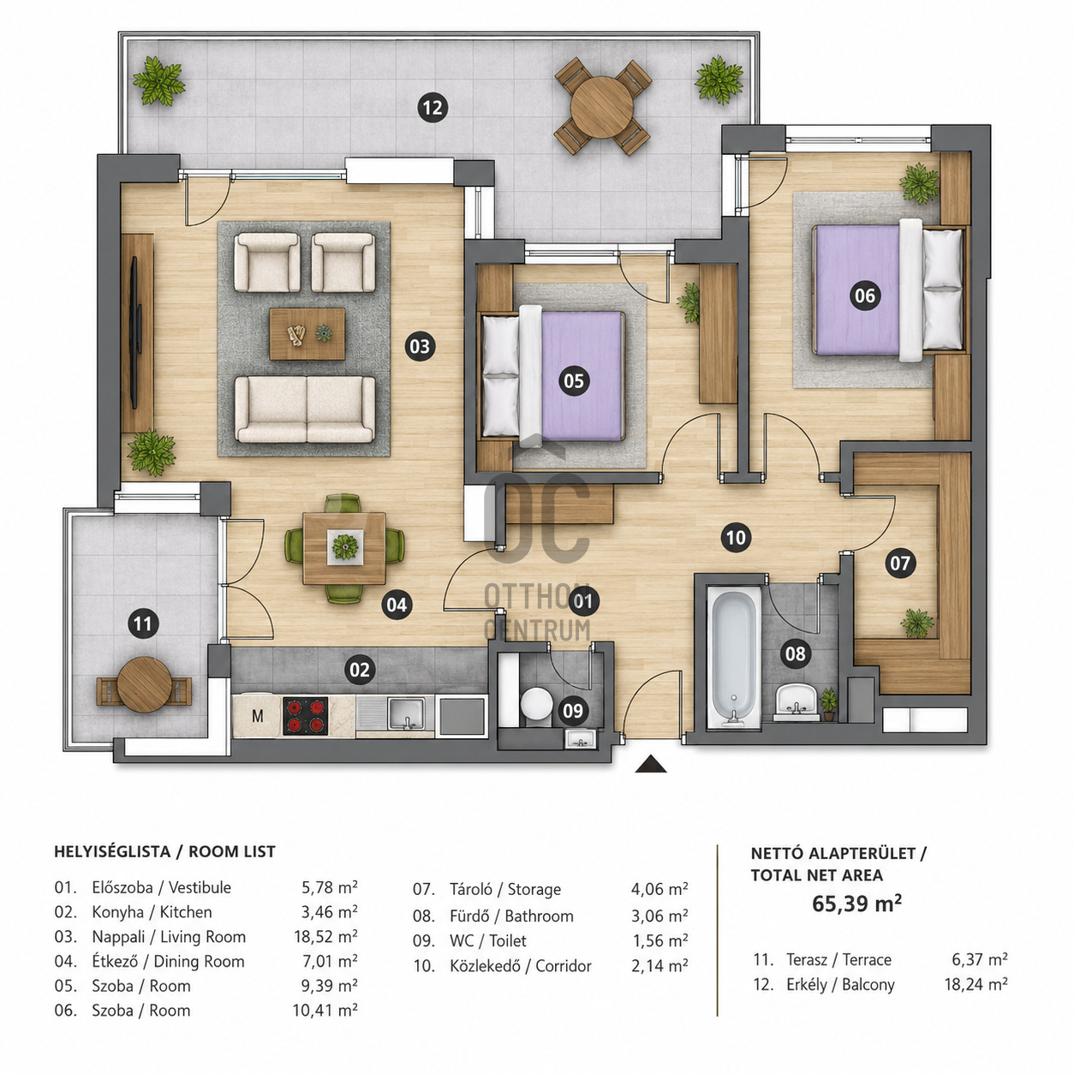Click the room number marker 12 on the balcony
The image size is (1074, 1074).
coord(433,108)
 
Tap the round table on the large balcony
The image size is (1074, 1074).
coord(602,106)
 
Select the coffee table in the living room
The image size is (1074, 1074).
coord(307,334)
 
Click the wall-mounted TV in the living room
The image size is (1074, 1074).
coord(134,332)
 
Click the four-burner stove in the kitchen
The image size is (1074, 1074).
coord(306,716)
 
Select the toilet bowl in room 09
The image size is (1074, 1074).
coord(535,706)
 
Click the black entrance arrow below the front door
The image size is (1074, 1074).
coord(651,764)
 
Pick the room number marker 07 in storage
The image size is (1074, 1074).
coord(900,564)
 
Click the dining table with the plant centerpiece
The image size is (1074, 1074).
coord(344,548)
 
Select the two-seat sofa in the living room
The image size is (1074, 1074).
coord(305,409)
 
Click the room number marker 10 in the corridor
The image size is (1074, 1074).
coord(736,538)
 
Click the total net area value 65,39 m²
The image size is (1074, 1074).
coord(856,904)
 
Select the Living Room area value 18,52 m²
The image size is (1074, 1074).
coord(325,937)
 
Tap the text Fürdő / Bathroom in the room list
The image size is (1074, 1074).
coord(511,916)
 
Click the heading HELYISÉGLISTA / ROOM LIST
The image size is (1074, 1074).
coord(165,851)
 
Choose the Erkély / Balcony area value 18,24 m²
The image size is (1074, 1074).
coord(976,985)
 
